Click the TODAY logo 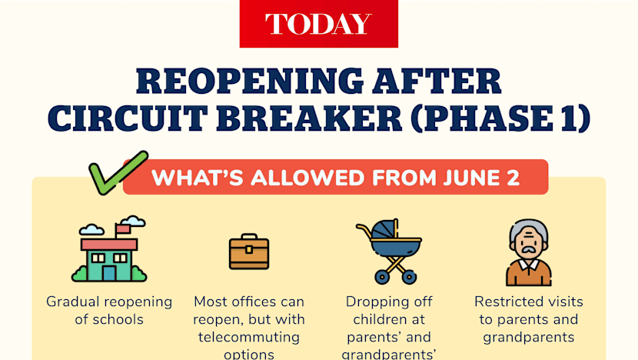coord(318,24)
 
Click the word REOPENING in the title coord(250,81)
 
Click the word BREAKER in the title coord(310,118)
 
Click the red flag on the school coord(123,230)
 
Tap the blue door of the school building coord(109,273)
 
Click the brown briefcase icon coord(249,252)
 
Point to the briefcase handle coord(249,237)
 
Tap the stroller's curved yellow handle coord(365,232)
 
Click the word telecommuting coord(249,337)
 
